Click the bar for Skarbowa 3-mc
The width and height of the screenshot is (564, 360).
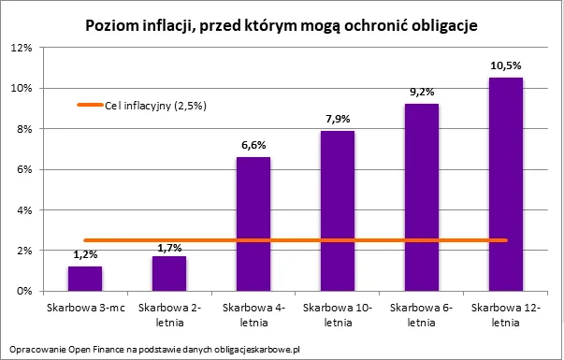coord(85,279)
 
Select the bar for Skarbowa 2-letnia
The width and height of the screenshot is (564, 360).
coord(169,273)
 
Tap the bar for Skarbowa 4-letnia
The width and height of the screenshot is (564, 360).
coord(253,224)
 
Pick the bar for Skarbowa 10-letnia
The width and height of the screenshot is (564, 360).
coord(338,211)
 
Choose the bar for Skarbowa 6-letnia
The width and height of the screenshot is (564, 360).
coord(422,197)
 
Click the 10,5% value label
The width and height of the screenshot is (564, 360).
coord(506,66)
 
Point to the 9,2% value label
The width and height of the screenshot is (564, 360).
coord(422,93)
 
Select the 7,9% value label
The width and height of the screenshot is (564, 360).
coord(338,119)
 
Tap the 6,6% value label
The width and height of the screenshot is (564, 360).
coord(253,145)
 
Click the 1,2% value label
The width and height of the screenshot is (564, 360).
coord(85,254)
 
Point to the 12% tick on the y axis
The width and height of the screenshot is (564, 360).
coord(22,48)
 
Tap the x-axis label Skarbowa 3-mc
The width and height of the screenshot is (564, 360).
coord(85,307)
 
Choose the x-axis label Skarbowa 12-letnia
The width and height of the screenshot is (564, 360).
coord(506,313)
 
